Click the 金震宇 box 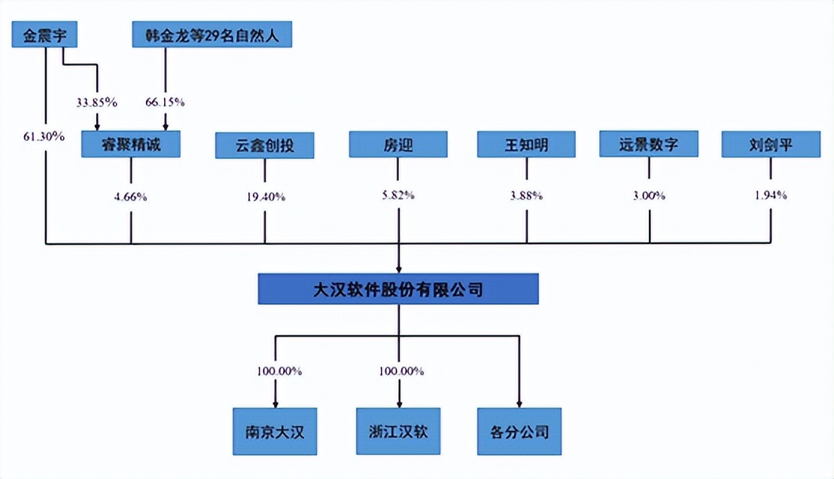[45, 35]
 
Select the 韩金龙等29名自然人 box [212, 35]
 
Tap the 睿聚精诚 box [131, 145]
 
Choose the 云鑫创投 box [265, 145]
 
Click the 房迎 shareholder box [397, 145]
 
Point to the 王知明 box [526, 145]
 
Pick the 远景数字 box [649, 145]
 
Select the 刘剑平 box [771, 145]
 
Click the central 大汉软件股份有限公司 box [398, 288]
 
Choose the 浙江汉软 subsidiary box [398, 432]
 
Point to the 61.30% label [43, 136]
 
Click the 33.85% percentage [96, 102]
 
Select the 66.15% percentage [164, 102]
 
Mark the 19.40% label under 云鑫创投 [264, 197]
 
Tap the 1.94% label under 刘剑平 [771, 195]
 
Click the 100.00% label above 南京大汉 [278, 371]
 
